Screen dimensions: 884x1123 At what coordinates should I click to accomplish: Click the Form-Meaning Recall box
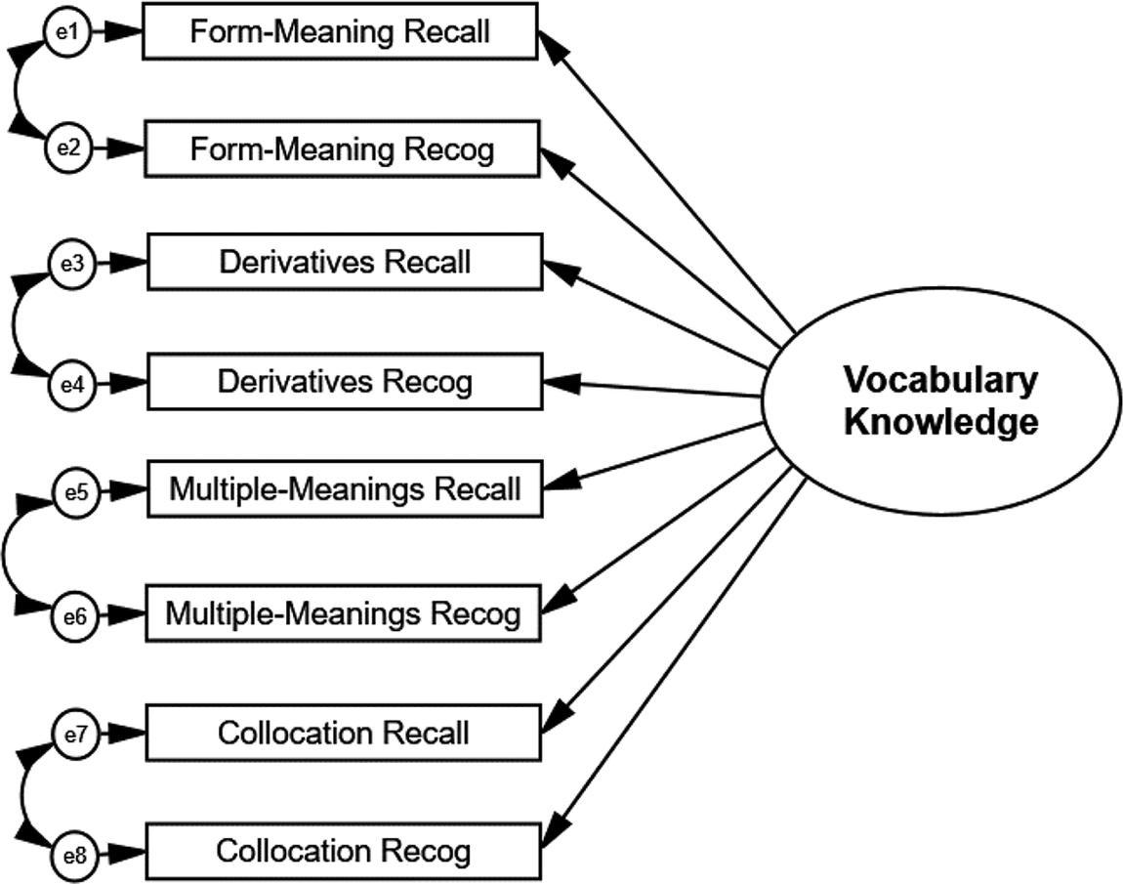341,32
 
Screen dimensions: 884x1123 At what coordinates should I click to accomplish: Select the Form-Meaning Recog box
341,149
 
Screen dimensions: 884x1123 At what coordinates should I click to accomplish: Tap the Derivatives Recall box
343,262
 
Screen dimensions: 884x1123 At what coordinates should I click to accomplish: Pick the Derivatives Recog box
343,382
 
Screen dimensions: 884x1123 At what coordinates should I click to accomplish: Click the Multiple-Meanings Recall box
343,488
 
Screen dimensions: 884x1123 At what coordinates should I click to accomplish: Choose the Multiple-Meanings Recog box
343,614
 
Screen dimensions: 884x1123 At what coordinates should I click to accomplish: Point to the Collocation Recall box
343,733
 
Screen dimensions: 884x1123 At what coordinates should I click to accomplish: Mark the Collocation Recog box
343,850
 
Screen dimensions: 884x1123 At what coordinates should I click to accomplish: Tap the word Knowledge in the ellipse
939,422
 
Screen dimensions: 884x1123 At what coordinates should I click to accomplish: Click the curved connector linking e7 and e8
21,793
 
